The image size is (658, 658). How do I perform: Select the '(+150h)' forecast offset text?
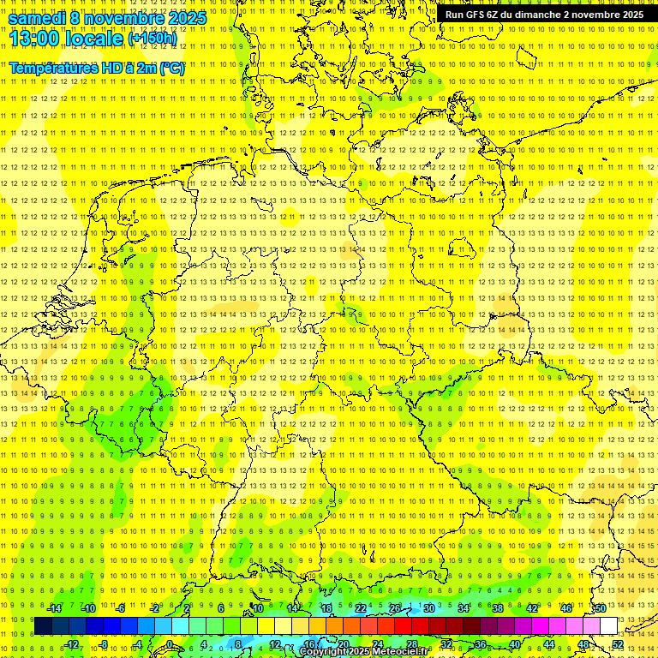(152, 39)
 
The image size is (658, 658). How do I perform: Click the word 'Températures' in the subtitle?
(53, 68)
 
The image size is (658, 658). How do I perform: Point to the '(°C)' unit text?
(170, 68)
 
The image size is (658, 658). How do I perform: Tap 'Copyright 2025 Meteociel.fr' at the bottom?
(364, 652)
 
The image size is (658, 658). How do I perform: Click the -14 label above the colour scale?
(54, 608)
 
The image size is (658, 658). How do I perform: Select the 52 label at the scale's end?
(618, 644)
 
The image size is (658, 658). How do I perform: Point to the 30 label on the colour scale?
(428, 608)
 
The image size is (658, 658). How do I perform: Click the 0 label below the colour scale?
(170, 644)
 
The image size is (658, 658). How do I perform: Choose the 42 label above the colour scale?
(532, 608)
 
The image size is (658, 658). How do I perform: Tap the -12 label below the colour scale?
(71, 644)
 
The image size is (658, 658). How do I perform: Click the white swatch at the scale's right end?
(608, 626)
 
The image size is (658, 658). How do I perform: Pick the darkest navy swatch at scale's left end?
(43, 626)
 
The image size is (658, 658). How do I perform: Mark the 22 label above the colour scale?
(360, 608)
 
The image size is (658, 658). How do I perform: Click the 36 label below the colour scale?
(481, 644)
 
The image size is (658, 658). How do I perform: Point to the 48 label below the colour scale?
(583, 644)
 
